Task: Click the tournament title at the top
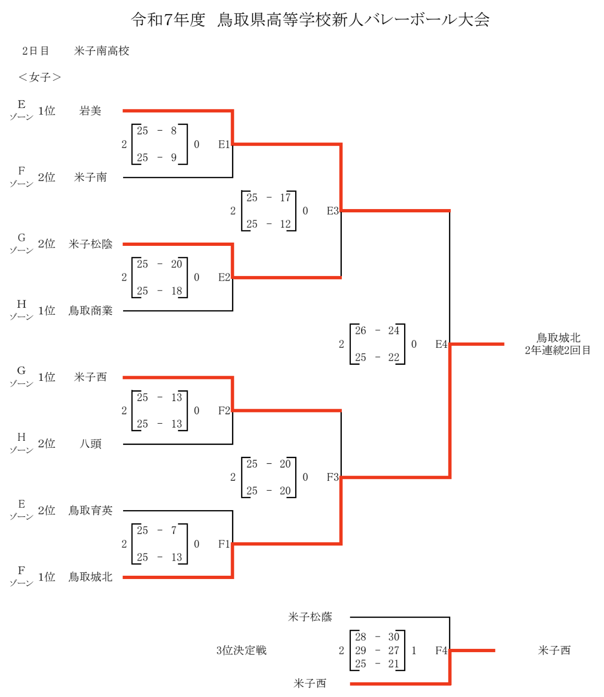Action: pos(310,19)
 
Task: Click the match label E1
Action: pos(224,144)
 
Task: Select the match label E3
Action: pos(332,211)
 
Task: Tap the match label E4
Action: pos(441,344)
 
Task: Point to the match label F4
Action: pos(441,651)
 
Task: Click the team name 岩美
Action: pos(90,111)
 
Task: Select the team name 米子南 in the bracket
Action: pos(90,177)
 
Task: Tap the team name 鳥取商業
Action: pos(90,311)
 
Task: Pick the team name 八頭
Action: pos(90,444)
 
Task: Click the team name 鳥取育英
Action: pos(90,510)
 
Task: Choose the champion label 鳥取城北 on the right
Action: pos(558,338)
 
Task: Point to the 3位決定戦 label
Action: pos(241,650)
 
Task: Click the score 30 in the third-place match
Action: pos(393,637)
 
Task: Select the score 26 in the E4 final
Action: pos(360,331)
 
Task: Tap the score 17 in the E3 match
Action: pos(285,198)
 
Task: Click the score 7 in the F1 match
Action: pos(174,530)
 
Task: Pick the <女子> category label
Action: pos(40,77)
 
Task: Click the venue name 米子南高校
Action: pos(101,51)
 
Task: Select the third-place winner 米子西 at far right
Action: pos(554,650)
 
